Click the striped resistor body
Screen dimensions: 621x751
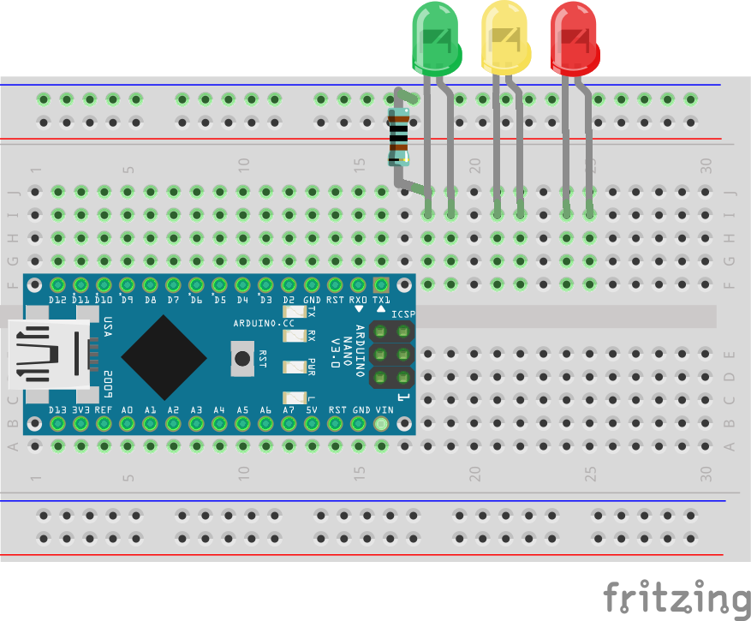398,136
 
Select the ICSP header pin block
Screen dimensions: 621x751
391,353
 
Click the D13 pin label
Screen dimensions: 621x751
57,410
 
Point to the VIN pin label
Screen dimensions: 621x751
384,410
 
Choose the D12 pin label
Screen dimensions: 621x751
57,300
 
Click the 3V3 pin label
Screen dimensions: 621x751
80,410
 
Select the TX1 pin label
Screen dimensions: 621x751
381,300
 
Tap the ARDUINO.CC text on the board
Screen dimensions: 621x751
263,323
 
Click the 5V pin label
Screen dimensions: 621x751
312,410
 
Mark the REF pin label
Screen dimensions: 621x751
104,410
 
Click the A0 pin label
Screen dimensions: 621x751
127,410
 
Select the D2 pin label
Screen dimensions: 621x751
289,300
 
